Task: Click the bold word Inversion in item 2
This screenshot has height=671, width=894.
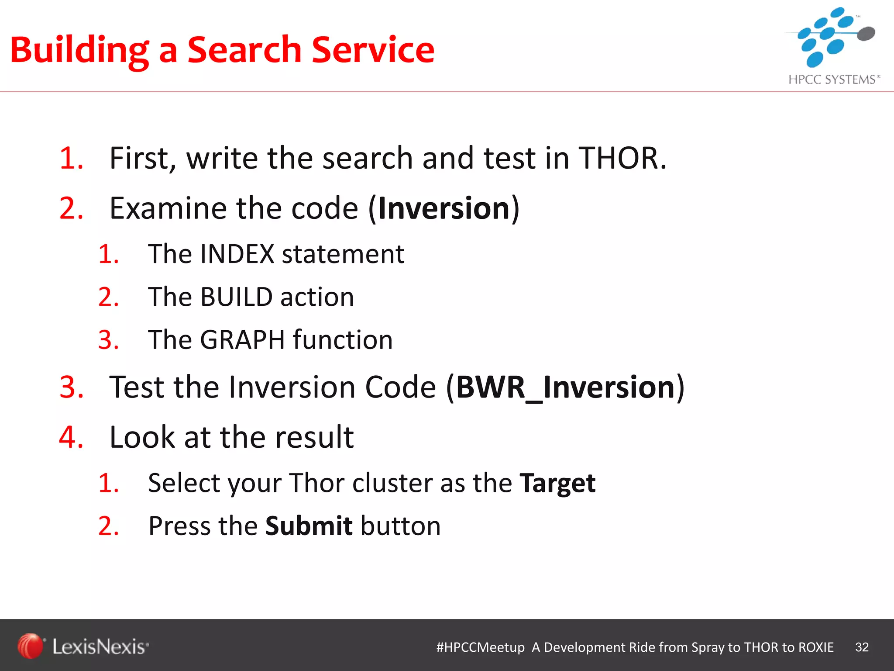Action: click(444, 208)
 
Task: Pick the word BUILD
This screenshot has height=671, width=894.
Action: click(236, 297)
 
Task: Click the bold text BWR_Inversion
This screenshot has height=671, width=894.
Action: click(565, 387)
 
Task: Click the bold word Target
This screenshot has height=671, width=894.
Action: click(557, 483)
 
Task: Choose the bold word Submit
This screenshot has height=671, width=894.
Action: click(309, 526)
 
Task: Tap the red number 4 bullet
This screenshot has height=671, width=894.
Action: click(70, 437)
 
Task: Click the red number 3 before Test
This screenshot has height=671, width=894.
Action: click(70, 387)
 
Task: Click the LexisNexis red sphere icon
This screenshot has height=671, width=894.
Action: click(30, 646)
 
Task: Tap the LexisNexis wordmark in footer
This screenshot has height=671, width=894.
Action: click(100, 647)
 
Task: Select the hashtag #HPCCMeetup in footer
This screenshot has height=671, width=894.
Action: click(480, 647)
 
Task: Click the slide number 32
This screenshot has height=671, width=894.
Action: click(862, 647)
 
